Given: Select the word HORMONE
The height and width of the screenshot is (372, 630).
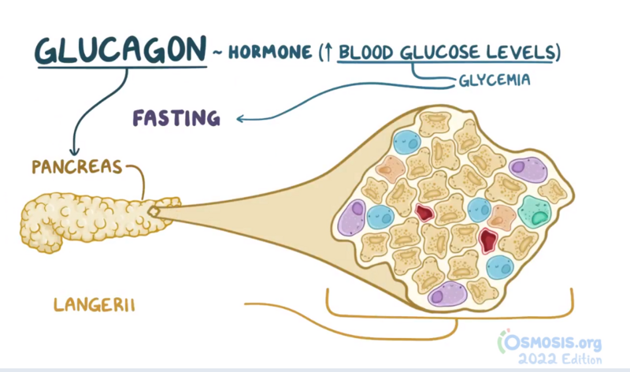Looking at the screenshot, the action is click(x=270, y=52).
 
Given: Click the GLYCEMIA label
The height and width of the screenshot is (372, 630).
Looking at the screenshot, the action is click(x=495, y=80).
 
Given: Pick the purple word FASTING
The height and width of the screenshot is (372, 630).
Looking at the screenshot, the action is click(x=176, y=118).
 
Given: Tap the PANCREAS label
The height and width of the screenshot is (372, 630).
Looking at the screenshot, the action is click(x=76, y=167).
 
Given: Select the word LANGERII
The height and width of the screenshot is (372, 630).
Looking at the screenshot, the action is click(x=94, y=305).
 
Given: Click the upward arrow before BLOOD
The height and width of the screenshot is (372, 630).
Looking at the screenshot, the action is click(x=328, y=52).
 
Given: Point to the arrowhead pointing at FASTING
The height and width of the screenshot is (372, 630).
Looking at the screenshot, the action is click(x=240, y=119).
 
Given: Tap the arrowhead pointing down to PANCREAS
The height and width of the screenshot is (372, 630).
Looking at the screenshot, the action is click(x=74, y=151).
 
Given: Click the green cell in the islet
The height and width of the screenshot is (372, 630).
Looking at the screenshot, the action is click(x=535, y=212).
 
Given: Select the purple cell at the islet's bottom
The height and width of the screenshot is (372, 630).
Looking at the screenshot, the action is click(x=447, y=293).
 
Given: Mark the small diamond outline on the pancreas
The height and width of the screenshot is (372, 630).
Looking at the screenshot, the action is click(x=154, y=211).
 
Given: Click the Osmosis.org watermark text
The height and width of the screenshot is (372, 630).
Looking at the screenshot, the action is click(x=550, y=342).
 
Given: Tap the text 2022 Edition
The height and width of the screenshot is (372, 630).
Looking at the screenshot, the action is click(x=560, y=359).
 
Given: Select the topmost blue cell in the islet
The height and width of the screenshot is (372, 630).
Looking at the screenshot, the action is click(x=407, y=142).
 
